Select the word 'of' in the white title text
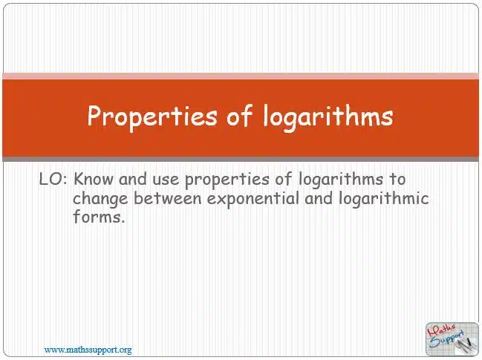pos(240,116)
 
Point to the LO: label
pos(53,179)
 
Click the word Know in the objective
pos(93,179)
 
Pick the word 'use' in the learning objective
pos(166,180)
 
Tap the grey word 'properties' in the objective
pos(227,180)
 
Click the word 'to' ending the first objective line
pos(398,180)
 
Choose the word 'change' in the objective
pos(100,199)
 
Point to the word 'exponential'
pos(253,199)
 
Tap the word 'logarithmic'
pos(384,199)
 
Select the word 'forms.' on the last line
pos(99,216)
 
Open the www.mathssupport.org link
pos(88,350)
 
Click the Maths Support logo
pos(452,338)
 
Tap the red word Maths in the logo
pos(441,331)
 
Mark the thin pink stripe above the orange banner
pos(241,76)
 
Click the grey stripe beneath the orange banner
pos(241,159)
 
